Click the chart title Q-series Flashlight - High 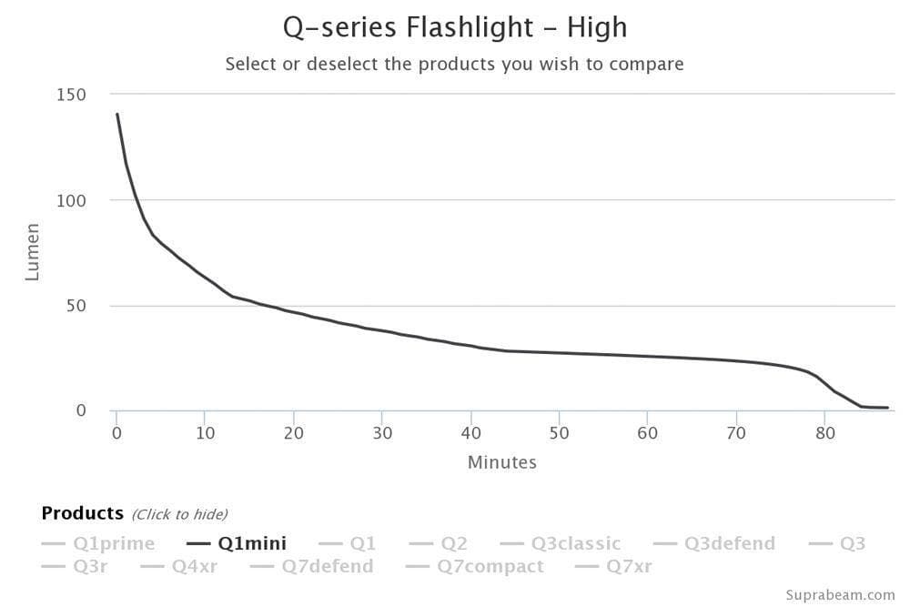[x=455, y=27]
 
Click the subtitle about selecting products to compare [x=454, y=65]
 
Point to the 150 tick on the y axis [x=74, y=95]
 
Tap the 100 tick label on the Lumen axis [x=74, y=200]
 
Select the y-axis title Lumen [x=33, y=252]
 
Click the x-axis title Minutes [x=501, y=462]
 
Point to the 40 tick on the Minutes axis [x=470, y=433]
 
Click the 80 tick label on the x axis [x=824, y=433]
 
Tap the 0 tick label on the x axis [x=116, y=433]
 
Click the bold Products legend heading [x=82, y=513]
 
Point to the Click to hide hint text [x=179, y=515]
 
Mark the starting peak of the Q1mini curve [x=117, y=115]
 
